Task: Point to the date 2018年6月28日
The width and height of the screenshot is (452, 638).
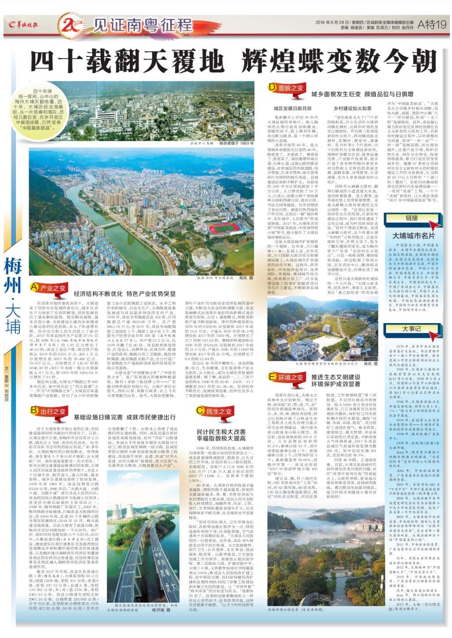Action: (328, 22)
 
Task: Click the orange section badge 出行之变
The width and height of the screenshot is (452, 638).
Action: (49, 411)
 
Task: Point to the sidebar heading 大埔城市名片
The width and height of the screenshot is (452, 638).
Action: (413, 235)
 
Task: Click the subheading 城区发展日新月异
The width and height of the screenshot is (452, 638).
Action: (292, 109)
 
